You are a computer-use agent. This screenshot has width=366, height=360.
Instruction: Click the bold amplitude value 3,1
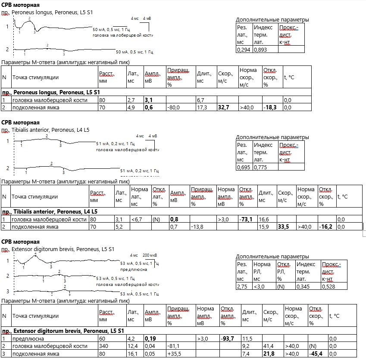coord(149,100)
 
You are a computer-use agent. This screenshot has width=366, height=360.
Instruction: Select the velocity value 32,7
coord(223,108)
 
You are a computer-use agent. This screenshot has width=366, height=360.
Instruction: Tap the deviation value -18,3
coord(270,108)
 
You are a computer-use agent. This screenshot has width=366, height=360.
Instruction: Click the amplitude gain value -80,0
coord(173,108)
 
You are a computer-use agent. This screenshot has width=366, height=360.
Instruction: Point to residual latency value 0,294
coord(244,50)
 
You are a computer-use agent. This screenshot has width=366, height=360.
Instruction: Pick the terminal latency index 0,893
coord(260,50)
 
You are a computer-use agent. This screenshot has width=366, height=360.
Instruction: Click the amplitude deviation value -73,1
coord(246,220)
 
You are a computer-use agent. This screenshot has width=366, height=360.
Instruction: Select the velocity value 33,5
coord(283,227)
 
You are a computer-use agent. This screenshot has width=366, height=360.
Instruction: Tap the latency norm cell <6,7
coord(137,220)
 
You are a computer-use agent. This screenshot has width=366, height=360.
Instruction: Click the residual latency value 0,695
coord(244,167)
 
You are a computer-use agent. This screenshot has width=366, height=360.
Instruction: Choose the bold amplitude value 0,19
coord(150,338)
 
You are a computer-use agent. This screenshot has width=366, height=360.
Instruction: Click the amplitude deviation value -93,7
coord(227,338)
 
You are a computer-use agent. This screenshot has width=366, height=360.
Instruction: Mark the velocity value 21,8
coord(269,354)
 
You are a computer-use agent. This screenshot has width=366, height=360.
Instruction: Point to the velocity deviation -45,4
coord(316,354)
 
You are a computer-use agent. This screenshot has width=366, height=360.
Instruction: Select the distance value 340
coord(103,346)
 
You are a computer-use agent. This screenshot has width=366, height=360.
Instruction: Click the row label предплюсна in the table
coord(28,338)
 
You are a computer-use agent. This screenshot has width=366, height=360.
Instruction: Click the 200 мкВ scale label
coord(150,255)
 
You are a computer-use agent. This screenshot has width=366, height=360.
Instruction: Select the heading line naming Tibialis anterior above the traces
coord(45,130)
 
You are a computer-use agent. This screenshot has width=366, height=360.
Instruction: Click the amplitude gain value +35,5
coord(174,354)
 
